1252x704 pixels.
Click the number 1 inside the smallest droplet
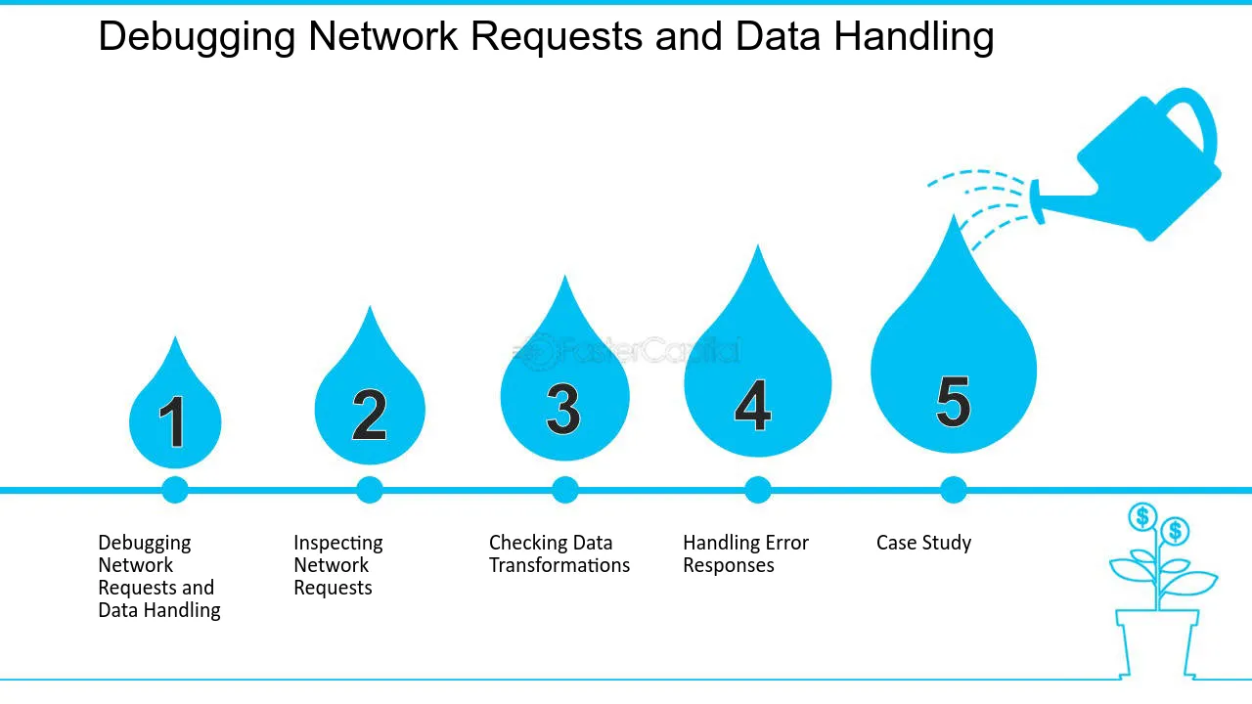point(173,421)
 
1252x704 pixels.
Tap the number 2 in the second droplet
point(370,415)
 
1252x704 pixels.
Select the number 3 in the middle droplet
point(563,409)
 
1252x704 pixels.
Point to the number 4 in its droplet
point(753,405)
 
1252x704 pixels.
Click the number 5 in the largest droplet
point(953,401)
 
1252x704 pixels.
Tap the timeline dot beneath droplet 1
point(175,490)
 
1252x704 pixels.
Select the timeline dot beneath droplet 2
point(370,490)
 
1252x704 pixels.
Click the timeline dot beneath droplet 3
point(564,490)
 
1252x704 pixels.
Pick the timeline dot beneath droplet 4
point(758,490)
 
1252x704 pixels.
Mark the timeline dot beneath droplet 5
point(953,490)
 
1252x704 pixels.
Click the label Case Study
point(923,543)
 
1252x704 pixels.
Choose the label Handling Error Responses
point(745,554)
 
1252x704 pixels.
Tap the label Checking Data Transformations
point(559,554)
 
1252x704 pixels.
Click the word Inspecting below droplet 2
point(338,544)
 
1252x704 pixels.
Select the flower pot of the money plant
point(1157,643)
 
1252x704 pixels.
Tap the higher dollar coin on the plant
point(1141,517)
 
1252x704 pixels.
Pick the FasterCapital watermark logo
point(627,351)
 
